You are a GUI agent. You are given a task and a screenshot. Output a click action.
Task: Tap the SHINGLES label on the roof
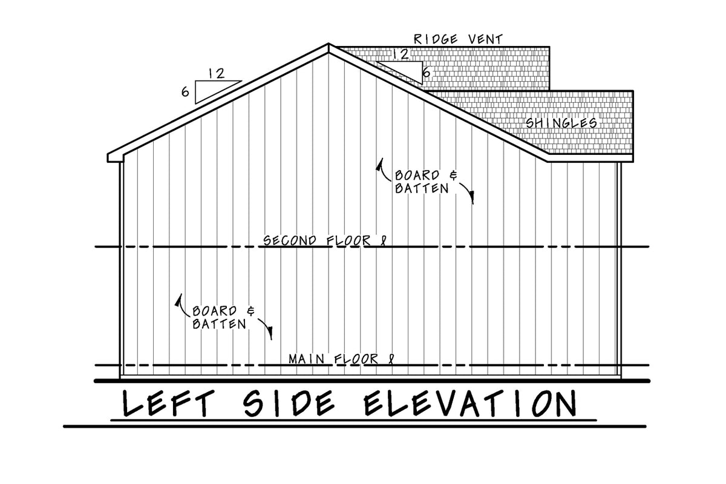pyautogui.click(x=561, y=123)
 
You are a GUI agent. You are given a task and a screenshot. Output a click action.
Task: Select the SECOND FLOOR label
pyautogui.click(x=324, y=241)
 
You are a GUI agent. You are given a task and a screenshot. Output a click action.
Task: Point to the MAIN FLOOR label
pyautogui.click(x=341, y=359)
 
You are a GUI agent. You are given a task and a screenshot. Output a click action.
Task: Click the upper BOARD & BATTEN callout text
pyautogui.click(x=427, y=181)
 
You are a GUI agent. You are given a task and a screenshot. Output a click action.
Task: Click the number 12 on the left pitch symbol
pyautogui.click(x=217, y=74)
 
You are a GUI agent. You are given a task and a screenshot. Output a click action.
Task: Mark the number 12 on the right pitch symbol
pyautogui.click(x=400, y=54)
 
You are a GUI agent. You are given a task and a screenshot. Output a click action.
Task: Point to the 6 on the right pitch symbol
pyautogui.click(x=426, y=73)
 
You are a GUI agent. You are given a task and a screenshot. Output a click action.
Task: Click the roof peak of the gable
pyautogui.click(x=329, y=45)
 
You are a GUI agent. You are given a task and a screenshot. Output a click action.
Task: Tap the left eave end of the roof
pyautogui.click(x=109, y=157)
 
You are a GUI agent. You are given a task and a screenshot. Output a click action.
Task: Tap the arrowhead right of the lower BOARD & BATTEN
pyautogui.click(x=270, y=333)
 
